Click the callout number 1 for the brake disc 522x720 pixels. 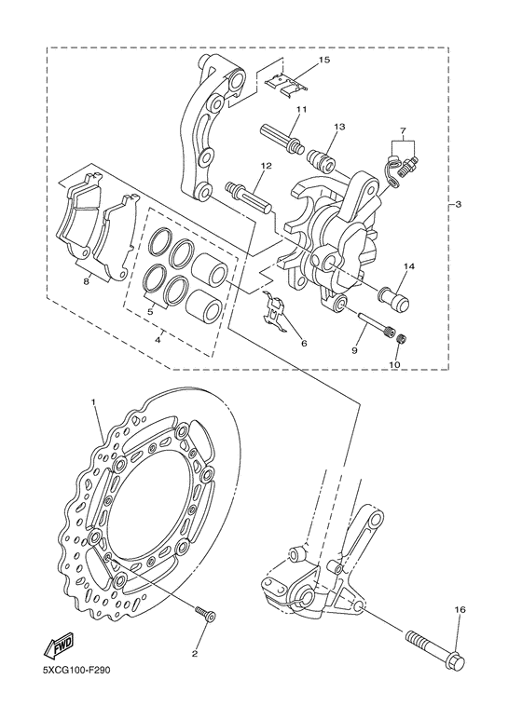pos(93,401)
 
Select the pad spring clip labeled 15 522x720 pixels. pos(287,83)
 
